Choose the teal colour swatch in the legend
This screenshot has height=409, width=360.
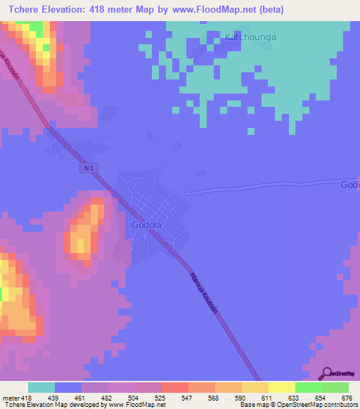[41, 387]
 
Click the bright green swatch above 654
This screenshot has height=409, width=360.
[309, 387]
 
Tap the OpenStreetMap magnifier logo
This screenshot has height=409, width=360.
[327, 373]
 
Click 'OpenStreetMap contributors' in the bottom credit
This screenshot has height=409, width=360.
[323, 405]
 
